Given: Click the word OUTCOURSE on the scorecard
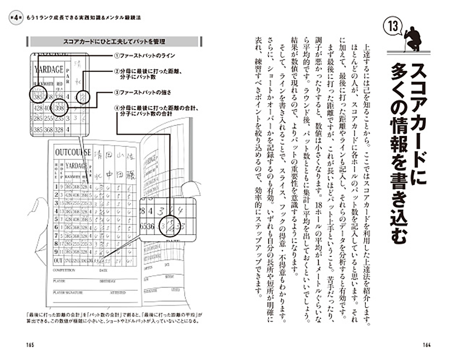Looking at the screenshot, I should [72, 152].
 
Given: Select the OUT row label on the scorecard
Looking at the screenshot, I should [58, 261].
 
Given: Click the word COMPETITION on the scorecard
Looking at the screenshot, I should [64, 271].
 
